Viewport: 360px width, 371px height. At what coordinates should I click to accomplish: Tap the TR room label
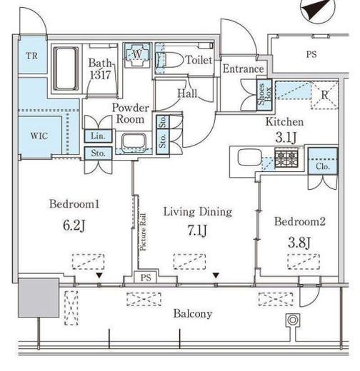click(x=32, y=56)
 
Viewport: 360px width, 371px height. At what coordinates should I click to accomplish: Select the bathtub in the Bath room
click(x=66, y=68)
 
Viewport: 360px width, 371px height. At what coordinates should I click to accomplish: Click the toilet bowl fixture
click(x=169, y=60)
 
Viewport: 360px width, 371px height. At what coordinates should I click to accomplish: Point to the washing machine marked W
click(x=137, y=54)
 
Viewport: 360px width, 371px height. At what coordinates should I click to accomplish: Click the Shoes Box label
click(x=264, y=94)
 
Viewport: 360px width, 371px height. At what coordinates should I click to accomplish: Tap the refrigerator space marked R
click(x=324, y=96)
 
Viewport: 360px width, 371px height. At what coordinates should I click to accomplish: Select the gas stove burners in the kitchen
click(x=286, y=158)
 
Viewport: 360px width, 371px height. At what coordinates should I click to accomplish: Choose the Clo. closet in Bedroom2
click(x=323, y=161)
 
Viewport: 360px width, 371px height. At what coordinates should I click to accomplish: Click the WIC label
click(x=39, y=136)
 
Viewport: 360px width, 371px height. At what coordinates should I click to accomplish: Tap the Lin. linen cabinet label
click(x=98, y=136)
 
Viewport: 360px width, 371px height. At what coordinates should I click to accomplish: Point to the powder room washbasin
click(x=134, y=142)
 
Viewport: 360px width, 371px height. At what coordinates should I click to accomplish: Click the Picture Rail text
click(x=143, y=232)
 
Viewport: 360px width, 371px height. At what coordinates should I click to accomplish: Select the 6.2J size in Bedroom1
click(x=74, y=225)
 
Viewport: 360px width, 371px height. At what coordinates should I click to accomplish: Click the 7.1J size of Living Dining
click(x=197, y=230)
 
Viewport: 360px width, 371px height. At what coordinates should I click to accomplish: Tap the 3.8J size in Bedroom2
click(x=299, y=243)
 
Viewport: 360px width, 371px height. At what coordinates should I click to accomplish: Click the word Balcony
click(x=193, y=314)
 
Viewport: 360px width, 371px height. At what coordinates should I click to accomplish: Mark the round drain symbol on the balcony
click(x=292, y=320)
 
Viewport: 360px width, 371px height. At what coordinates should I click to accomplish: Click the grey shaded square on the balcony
click(x=39, y=298)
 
